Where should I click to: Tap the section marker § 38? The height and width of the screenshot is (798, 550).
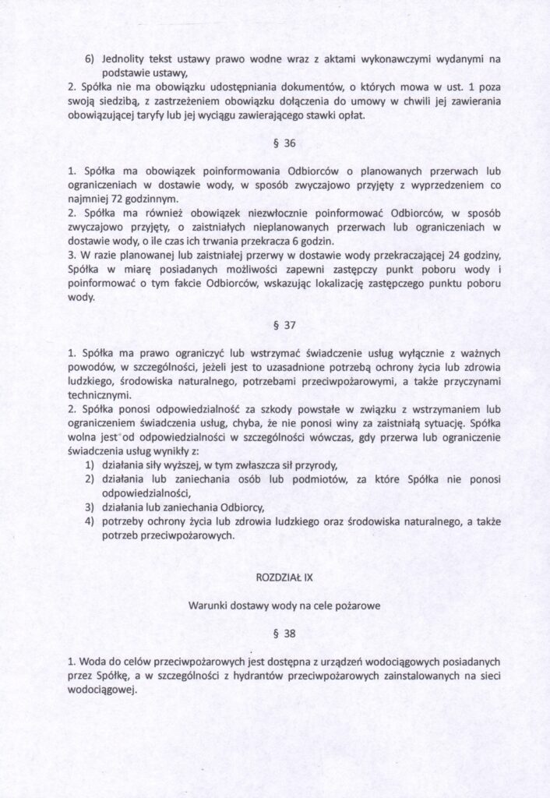click(274, 633)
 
